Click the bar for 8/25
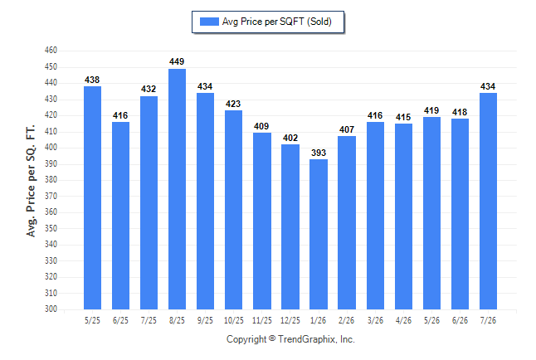click(x=177, y=189)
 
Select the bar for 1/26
click(x=319, y=234)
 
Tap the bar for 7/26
click(x=488, y=201)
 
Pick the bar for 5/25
click(x=92, y=198)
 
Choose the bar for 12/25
click(x=290, y=227)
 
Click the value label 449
click(x=177, y=61)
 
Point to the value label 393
click(x=319, y=153)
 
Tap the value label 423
click(x=233, y=104)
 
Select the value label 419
click(x=431, y=110)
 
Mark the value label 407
click(x=347, y=129)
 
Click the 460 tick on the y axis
click(x=51, y=51)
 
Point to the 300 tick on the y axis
click(x=51, y=309)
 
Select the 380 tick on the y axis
click(x=51, y=179)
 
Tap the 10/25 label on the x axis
click(x=234, y=320)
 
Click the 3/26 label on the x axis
click(x=375, y=320)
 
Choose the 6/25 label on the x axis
click(x=120, y=320)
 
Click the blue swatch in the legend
click(x=209, y=22)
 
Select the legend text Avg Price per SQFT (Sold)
click(x=277, y=22)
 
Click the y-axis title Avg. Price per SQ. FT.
click(x=31, y=181)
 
